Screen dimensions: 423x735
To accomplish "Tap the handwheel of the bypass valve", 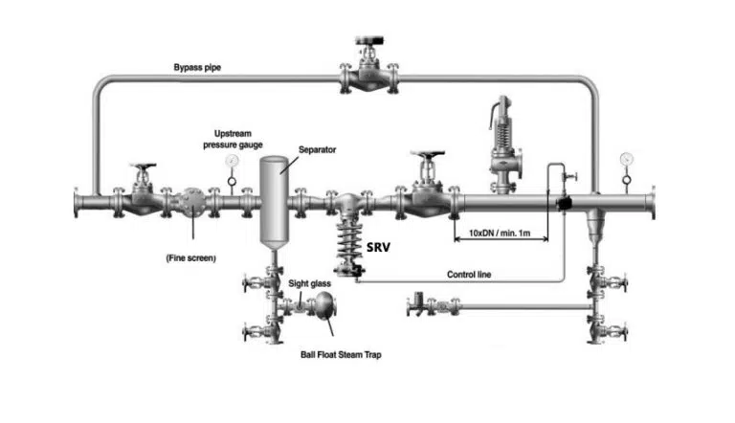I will (x=368, y=41).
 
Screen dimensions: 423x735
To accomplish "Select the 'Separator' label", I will (x=317, y=150).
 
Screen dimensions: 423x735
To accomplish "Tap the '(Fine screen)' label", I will (x=191, y=258).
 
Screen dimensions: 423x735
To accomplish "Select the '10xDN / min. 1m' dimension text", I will (x=500, y=234).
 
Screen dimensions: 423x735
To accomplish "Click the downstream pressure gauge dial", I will (x=626, y=158).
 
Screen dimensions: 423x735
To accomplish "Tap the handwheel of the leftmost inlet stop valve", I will (x=144, y=169).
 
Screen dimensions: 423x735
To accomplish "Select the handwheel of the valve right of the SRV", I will (x=426, y=156).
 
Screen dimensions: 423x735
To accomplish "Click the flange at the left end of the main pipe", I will (x=77, y=204).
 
